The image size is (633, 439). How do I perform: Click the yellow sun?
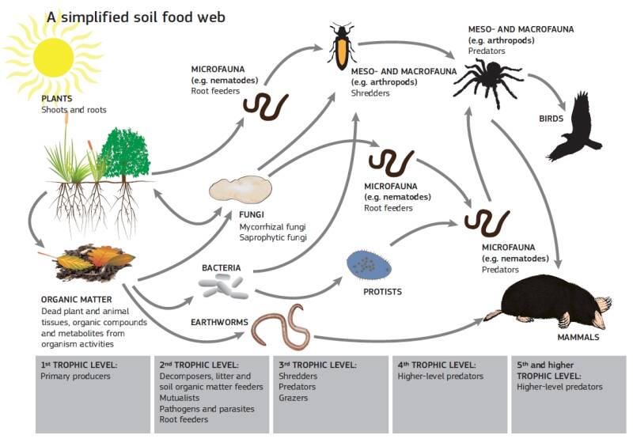pyautogui.click(x=53, y=57)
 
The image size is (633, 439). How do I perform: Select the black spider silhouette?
pyautogui.click(x=488, y=81)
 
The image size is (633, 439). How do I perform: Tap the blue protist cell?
pyautogui.click(x=369, y=265)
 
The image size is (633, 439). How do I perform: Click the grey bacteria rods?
pyautogui.click(x=223, y=286)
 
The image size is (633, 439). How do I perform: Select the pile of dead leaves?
pyautogui.click(x=93, y=262)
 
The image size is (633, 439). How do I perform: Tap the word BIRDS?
pyautogui.click(x=551, y=119)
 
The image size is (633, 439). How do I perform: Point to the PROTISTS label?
pyautogui.click(x=382, y=292)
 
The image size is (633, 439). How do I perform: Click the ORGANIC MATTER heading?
pyautogui.click(x=76, y=300)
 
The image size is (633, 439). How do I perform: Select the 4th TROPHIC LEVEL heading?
pyautogui.click(x=437, y=365)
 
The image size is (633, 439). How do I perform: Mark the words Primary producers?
pyautogui.click(x=75, y=376)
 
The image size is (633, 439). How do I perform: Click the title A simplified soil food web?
pyautogui.click(x=135, y=17)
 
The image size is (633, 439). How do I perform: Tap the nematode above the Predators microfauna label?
pyautogui.click(x=487, y=223)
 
